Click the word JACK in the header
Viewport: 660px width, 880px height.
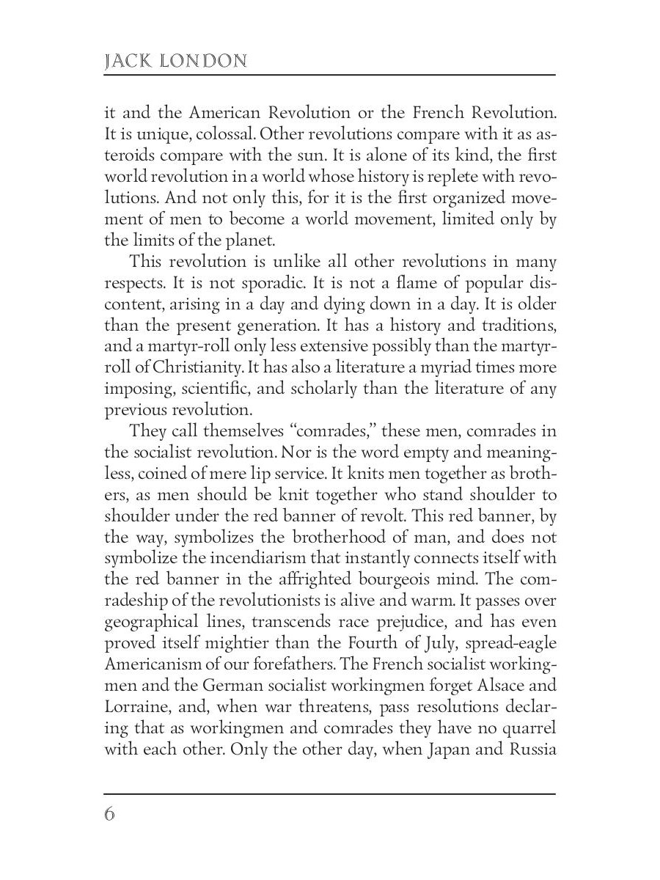point(130,61)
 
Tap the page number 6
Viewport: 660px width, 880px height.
point(110,815)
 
